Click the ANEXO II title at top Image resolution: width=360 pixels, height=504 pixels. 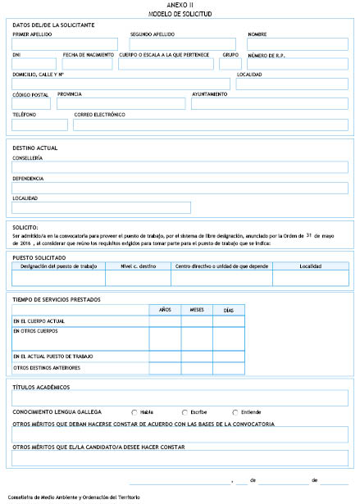pos(180,5)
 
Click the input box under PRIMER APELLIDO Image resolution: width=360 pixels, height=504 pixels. pos(65,43)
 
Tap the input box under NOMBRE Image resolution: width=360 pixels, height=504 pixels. pos(297,43)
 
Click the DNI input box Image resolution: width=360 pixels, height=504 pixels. pos(34,64)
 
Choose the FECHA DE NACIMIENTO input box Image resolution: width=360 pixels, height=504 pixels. pos(88,64)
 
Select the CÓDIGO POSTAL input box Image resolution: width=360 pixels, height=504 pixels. pos(31,103)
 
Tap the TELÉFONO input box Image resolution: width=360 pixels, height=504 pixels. pos(39,125)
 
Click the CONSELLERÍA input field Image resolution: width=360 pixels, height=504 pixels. pos(180,167)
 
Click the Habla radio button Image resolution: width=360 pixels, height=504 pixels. pos(134,411)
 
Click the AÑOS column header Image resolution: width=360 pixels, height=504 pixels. pos(165,310)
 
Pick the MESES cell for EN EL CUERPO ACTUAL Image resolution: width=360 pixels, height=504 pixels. pos(197,321)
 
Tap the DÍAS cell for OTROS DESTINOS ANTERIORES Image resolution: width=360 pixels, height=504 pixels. pos(229,368)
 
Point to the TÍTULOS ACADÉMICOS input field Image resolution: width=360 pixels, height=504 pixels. pos(180,398)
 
